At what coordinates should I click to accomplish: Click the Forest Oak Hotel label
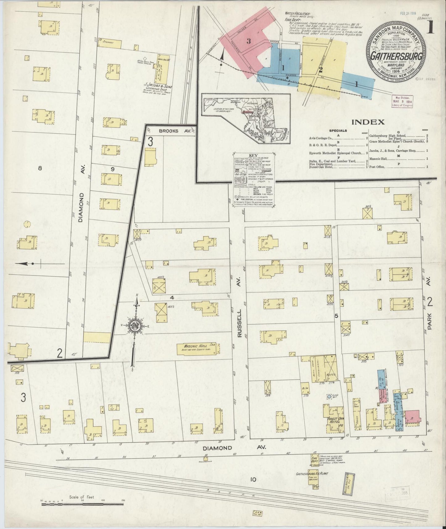pos(335,421)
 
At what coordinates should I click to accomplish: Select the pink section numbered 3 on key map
pos(248,41)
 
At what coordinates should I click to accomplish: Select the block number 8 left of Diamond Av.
pos(40,168)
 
